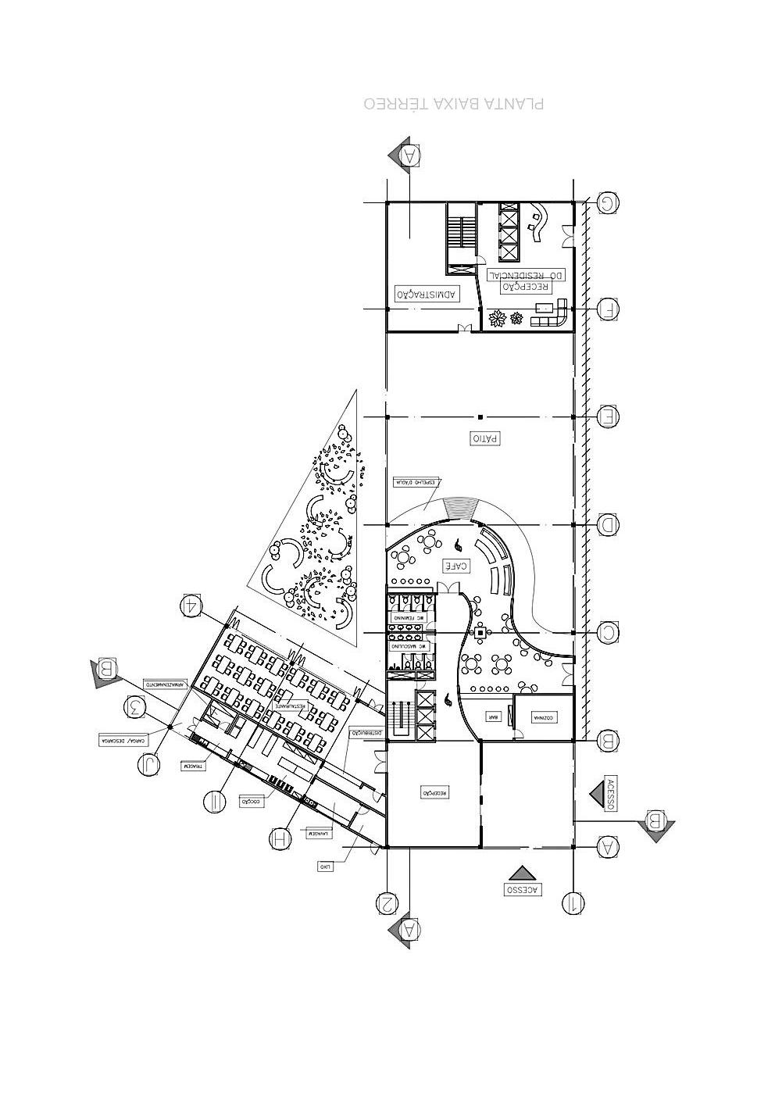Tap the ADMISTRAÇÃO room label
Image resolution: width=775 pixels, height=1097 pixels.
427,294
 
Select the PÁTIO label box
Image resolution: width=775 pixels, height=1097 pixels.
484,438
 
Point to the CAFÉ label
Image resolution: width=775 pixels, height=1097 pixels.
456,565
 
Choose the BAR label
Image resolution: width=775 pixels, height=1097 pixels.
492,716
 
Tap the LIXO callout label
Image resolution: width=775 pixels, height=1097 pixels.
326,866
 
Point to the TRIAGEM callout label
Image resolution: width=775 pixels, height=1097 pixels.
193,766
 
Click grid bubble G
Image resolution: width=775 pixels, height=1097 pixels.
608,204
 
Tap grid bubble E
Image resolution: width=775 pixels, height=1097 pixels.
608,417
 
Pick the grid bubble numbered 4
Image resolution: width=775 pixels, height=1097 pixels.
191,606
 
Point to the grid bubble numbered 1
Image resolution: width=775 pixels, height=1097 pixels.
572,903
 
